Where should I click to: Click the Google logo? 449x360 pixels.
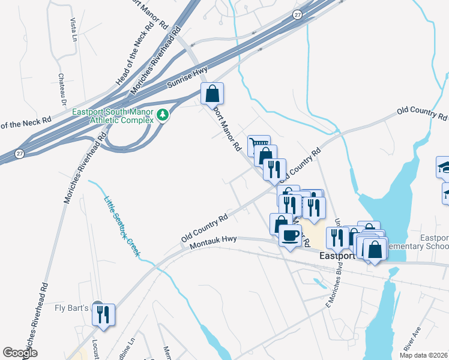[20, 353]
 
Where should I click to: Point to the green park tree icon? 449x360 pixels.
[162, 114]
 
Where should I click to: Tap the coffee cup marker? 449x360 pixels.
[291, 236]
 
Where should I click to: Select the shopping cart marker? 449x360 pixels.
[258, 145]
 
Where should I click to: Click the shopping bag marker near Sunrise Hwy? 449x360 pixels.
[212, 94]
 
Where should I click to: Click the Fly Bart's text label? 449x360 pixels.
[71, 308]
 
